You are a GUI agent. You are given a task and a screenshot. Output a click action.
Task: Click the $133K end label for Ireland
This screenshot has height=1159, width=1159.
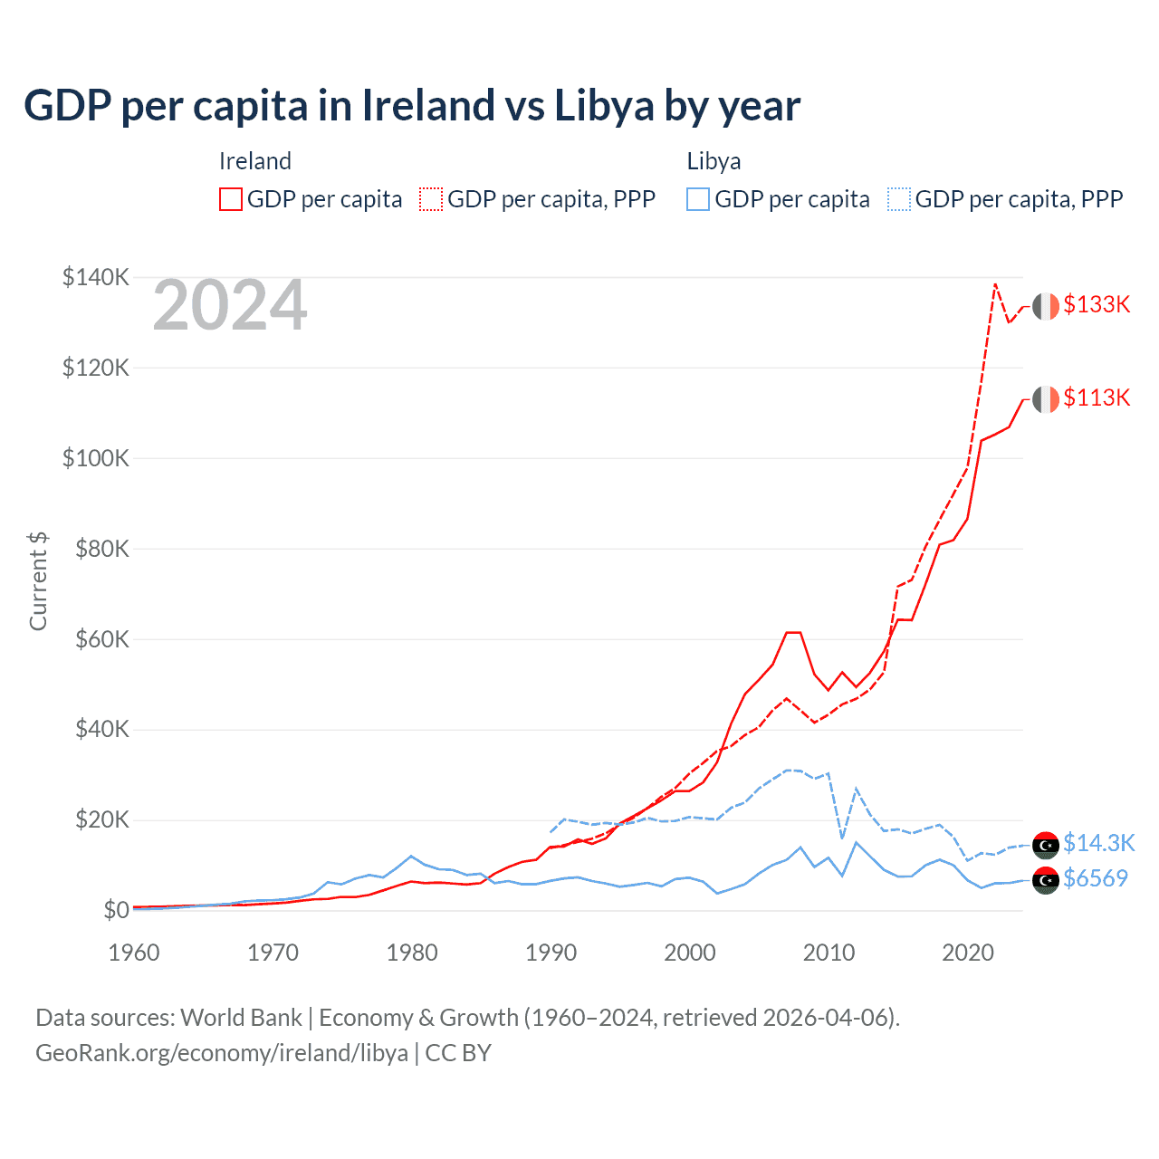point(1097,304)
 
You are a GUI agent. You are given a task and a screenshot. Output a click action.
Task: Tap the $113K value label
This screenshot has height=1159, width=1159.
point(1097,398)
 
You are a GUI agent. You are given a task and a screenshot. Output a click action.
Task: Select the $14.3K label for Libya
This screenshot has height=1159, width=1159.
point(1098,843)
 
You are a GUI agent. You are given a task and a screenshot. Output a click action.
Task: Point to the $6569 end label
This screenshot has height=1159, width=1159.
point(1096,878)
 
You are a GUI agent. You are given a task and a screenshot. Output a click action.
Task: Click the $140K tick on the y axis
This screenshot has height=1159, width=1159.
point(96,277)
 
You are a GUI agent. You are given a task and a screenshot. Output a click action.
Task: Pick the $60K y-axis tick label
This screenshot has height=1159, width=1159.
point(101,639)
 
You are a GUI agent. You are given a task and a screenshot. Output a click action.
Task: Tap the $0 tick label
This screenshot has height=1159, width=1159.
point(116,910)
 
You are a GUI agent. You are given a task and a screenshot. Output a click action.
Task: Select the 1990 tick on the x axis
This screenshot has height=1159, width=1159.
point(551,953)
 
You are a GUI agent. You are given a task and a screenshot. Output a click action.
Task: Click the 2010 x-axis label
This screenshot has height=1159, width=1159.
point(829,953)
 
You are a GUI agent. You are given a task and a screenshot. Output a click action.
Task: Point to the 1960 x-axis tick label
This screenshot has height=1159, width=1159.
point(134,953)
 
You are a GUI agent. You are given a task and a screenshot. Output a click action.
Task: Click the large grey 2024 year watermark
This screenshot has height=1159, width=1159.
point(230,306)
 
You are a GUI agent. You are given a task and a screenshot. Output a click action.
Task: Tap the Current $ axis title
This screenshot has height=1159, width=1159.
point(38,581)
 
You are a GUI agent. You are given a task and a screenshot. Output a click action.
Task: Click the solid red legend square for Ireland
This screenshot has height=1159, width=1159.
point(231,199)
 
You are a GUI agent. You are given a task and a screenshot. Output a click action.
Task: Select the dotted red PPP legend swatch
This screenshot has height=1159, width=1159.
point(431,199)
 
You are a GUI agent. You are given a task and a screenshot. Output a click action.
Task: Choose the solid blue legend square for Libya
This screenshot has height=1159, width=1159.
point(698,199)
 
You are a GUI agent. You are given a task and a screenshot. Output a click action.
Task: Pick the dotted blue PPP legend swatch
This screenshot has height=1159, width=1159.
point(899,199)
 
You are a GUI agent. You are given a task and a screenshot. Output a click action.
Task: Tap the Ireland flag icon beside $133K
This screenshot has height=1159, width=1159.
point(1046,306)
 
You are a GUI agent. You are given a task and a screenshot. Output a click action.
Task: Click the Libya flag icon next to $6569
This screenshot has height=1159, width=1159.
point(1046,879)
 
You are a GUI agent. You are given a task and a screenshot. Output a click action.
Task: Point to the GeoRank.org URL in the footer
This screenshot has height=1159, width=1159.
point(222,1053)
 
